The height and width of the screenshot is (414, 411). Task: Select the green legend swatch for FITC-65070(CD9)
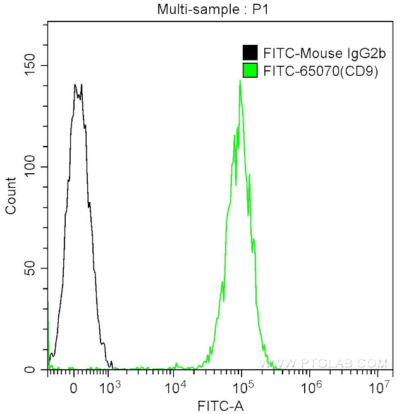click(250, 71)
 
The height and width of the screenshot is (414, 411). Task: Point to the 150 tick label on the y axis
click(29, 66)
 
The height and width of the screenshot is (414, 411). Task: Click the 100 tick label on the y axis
click(29, 167)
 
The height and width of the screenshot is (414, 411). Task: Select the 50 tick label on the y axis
click(32, 269)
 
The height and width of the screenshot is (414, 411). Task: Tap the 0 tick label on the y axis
click(36, 370)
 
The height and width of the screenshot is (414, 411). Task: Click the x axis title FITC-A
click(219, 405)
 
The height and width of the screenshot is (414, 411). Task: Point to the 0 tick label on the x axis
click(74, 387)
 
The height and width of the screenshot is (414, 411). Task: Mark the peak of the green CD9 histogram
click(240, 81)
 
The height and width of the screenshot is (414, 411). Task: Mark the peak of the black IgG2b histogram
click(75, 85)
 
